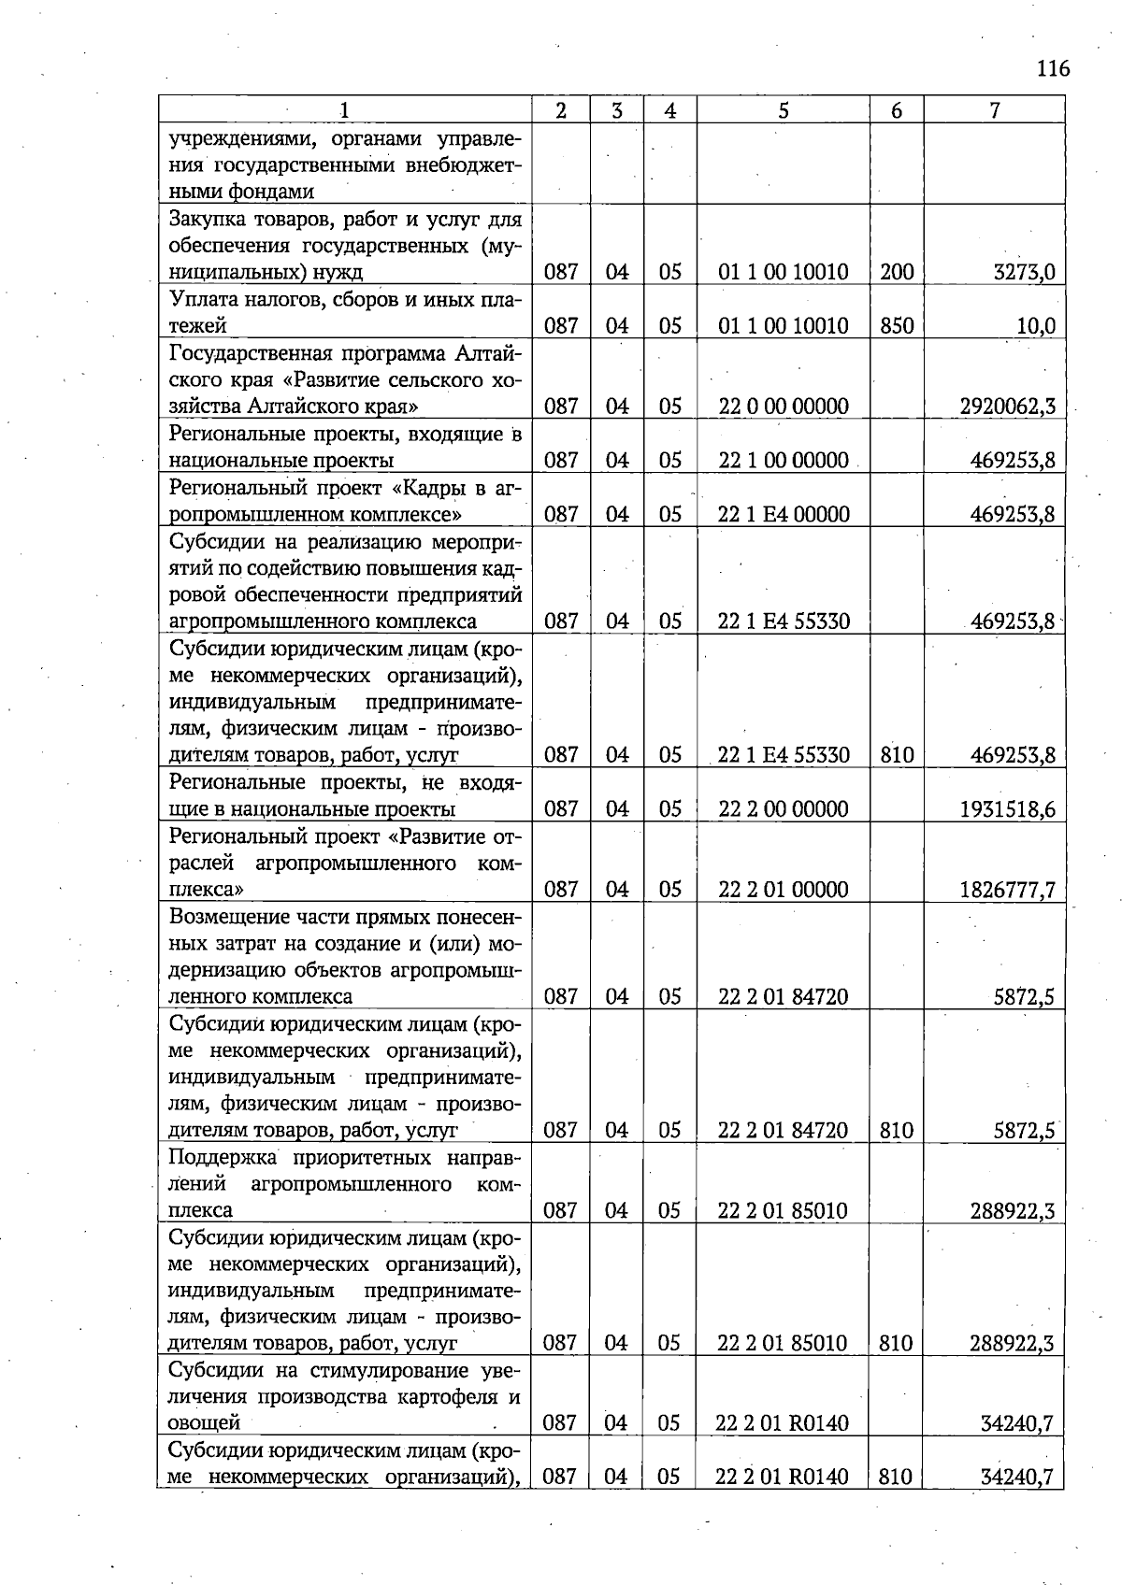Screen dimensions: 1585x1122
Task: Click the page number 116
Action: point(1053,68)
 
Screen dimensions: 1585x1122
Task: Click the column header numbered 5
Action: point(783,110)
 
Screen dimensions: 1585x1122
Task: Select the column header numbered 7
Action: point(995,110)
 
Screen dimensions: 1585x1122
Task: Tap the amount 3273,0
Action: point(1024,273)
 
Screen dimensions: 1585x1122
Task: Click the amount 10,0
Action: point(1035,326)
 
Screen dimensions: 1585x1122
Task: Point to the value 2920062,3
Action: point(1007,407)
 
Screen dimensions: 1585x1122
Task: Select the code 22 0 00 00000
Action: point(783,407)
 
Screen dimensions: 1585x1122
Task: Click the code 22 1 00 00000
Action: point(783,460)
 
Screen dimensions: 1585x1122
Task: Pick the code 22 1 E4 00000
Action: point(783,514)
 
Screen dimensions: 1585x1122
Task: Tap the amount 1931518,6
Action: point(1007,809)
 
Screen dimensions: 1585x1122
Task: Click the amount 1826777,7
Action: point(1007,890)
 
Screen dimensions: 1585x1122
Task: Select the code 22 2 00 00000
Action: point(783,809)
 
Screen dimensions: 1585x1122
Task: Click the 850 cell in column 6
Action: point(896,326)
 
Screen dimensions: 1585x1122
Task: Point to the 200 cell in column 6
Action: point(896,273)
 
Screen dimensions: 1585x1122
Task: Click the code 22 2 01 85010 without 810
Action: point(783,1211)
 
